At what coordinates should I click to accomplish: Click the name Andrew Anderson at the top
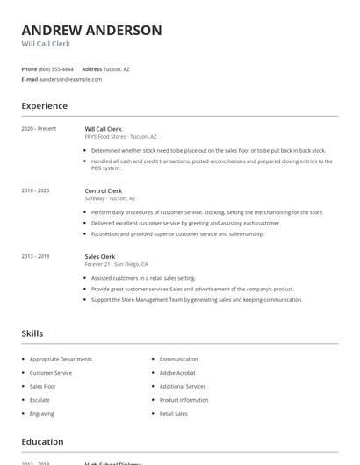[x=91, y=30]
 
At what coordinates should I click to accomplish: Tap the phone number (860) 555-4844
[x=56, y=68]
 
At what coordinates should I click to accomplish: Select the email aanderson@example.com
[x=70, y=79]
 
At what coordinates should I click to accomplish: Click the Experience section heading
[x=44, y=106]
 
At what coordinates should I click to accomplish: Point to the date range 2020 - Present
[x=39, y=129]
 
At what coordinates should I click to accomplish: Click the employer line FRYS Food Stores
[x=120, y=137]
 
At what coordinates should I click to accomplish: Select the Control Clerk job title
[x=104, y=190]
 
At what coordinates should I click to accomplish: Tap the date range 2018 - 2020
[x=35, y=190]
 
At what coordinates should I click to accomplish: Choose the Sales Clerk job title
[x=100, y=256]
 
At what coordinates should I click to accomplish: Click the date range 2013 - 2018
[x=35, y=256]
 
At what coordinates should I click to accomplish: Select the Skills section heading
[x=32, y=333]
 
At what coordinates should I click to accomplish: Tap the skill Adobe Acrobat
[x=177, y=373]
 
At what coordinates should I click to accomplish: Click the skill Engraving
[x=41, y=413]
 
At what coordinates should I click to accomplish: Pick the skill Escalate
[x=40, y=400]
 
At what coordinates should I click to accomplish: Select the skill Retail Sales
[x=174, y=413]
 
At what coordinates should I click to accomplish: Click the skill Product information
[x=184, y=400]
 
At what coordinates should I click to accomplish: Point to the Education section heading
[x=42, y=442]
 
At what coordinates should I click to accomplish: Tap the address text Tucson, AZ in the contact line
[x=117, y=68]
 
